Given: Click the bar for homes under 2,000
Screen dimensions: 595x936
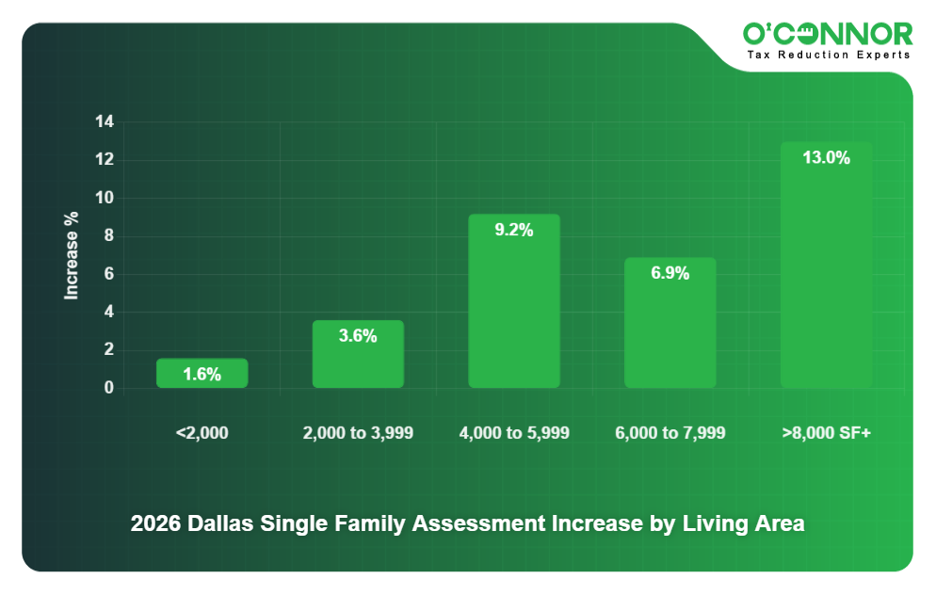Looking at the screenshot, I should pos(202,374).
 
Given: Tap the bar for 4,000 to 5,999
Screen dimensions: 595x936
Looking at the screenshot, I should pos(514,311).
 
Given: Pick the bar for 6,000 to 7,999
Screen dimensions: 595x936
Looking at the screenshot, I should pos(670,330).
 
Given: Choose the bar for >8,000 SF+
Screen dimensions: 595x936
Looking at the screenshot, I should pos(826,273).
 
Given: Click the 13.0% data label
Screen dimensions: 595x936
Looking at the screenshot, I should pos(826,158).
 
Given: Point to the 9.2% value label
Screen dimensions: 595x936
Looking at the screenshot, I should pos(514,230).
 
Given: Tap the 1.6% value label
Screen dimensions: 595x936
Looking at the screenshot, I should pos(202,375).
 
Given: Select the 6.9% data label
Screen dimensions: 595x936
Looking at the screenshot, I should pos(670,274).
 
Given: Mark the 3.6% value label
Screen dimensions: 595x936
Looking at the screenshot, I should pos(358,336).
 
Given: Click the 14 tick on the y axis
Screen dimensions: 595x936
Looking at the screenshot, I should pos(104,122).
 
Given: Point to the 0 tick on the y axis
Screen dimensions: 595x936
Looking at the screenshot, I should pos(108,388).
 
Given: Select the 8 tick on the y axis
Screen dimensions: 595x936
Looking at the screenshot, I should pos(108,236).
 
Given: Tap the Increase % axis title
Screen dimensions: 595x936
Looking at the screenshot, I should pos(72,255).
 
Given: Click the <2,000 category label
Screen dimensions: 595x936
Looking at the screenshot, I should pos(202,433).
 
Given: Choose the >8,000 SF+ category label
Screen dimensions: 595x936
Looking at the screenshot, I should pos(826,433).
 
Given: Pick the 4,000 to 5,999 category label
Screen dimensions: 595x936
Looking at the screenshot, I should pos(514,433).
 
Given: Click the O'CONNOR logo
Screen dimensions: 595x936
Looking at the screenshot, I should pos(828,35).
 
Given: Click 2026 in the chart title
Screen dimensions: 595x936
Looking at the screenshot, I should pos(155,523).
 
